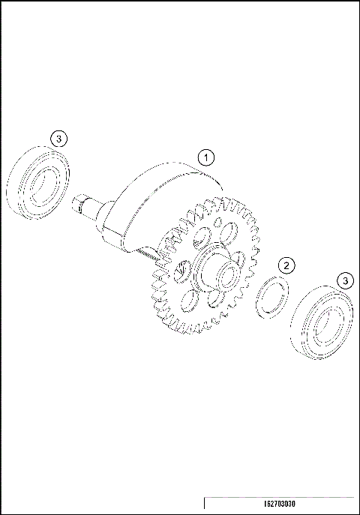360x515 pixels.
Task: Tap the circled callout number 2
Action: click(x=285, y=265)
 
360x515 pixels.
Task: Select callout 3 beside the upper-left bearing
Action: click(x=60, y=138)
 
